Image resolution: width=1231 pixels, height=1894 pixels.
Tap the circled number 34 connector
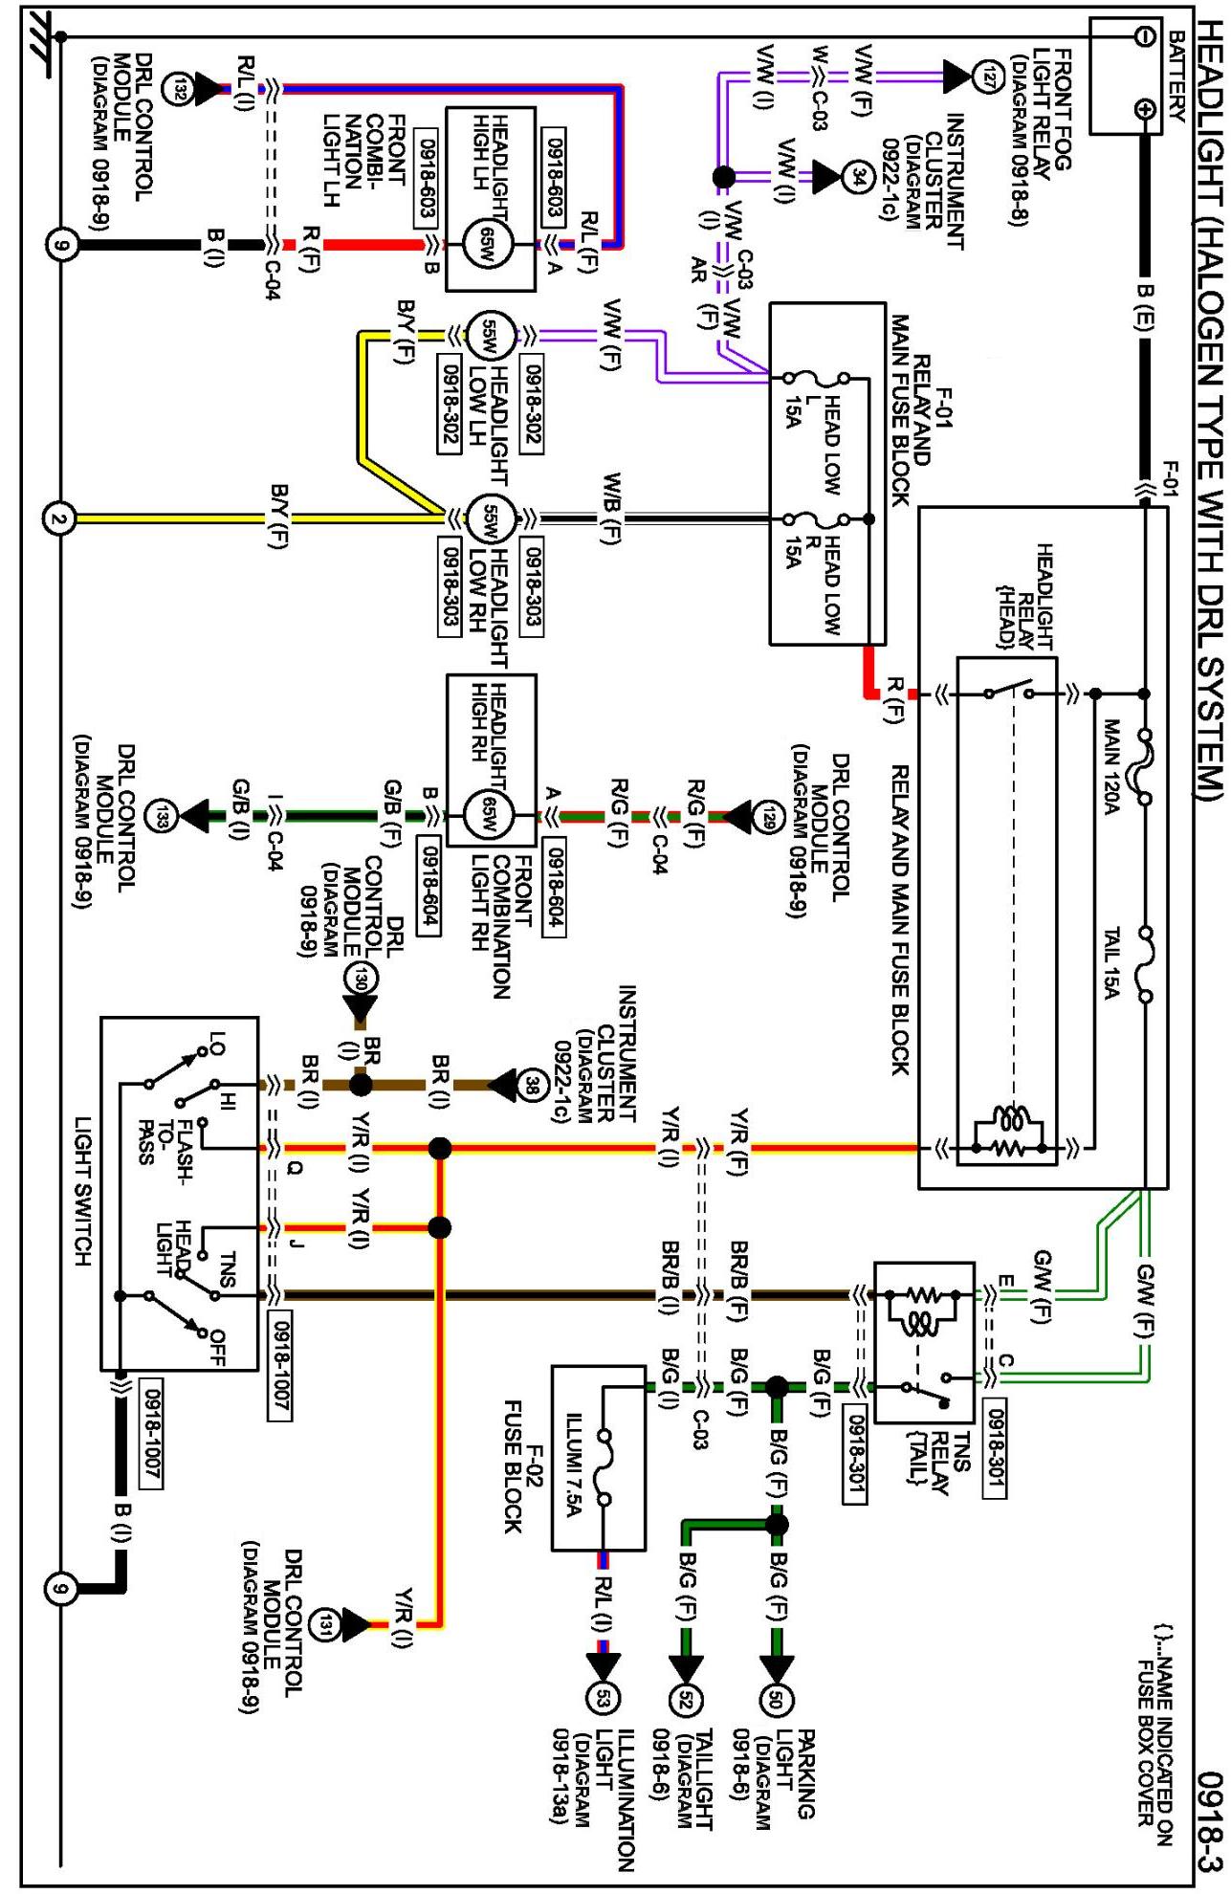point(854,176)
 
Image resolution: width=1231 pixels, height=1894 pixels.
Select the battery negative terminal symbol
point(1142,36)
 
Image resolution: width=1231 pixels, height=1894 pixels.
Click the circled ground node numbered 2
point(59,519)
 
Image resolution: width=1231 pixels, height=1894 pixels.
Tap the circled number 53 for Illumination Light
point(605,1698)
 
